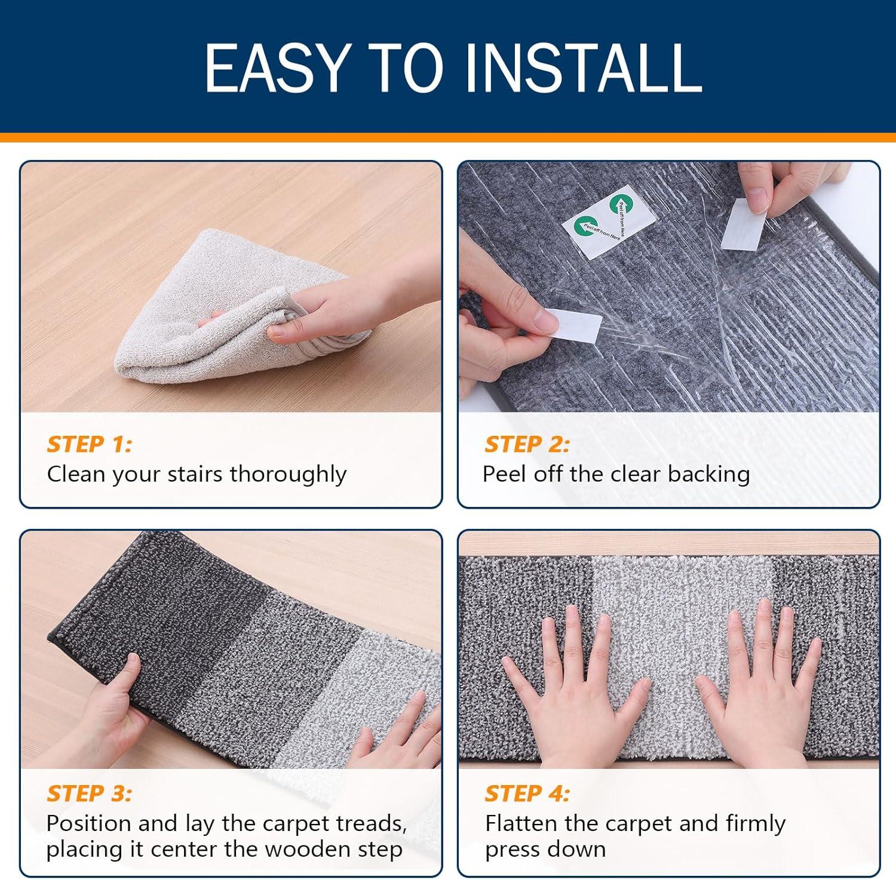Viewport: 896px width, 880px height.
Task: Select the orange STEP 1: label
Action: coord(90,444)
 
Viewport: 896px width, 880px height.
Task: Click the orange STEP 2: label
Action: coord(527,444)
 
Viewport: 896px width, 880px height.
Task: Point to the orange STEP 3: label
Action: coord(90,793)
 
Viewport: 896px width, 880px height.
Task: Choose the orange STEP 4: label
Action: coord(527,793)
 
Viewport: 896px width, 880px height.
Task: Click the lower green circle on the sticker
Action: coord(584,226)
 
